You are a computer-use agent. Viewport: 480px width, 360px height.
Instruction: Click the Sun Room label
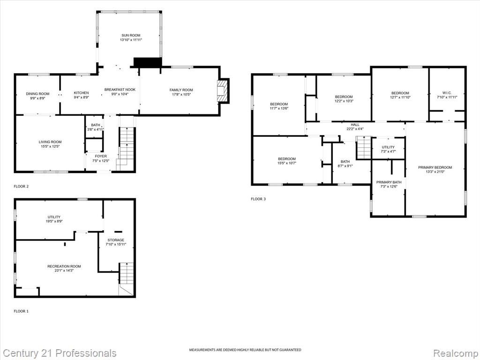[x=131, y=35]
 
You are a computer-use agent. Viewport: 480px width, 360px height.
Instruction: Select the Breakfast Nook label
[x=120, y=90]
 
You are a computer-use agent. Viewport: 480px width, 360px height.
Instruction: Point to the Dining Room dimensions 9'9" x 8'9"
[x=37, y=98]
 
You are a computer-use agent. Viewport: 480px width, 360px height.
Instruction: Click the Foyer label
[x=101, y=156]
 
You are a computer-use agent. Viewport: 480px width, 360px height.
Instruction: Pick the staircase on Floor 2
[x=127, y=148]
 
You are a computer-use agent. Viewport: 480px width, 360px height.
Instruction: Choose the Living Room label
[x=50, y=142]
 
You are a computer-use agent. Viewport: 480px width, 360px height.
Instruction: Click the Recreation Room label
[x=64, y=266]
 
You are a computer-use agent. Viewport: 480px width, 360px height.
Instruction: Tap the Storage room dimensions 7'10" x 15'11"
[x=116, y=244]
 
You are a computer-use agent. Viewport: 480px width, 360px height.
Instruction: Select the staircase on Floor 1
[x=127, y=278]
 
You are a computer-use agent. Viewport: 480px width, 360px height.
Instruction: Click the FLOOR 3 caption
[x=258, y=199]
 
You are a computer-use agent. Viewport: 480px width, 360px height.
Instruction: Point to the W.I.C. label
[x=447, y=93]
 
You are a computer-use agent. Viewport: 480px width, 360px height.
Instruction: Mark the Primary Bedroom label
[x=435, y=167]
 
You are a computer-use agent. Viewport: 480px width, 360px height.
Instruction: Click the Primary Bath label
[x=389, y=182]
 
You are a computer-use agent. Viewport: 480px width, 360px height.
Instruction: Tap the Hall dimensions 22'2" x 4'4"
[x=355, y=129]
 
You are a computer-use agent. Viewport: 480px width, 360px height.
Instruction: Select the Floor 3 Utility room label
[x=388, y=147]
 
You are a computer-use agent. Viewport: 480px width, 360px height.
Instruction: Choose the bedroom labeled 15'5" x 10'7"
[x=287, y=158]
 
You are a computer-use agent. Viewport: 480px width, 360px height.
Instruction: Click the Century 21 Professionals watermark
[x=60, y=353]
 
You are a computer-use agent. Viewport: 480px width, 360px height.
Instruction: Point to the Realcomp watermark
[x=456, y=353]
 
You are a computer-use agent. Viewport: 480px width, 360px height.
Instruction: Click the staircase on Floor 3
[x=364, y=147]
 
